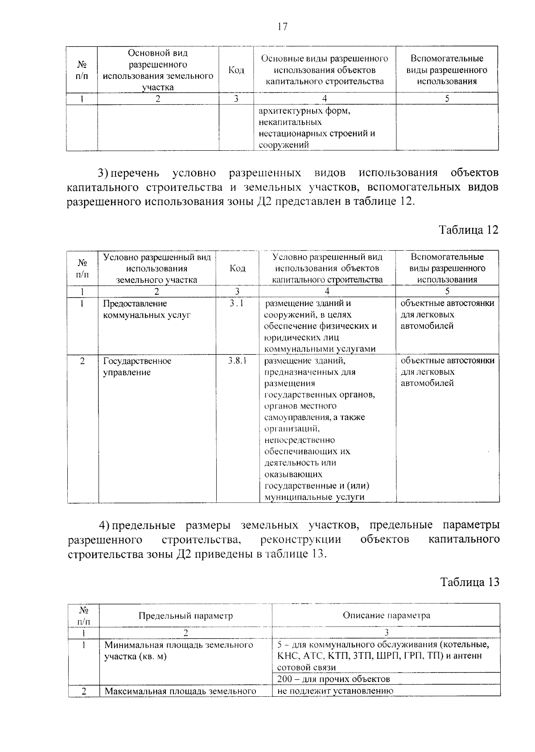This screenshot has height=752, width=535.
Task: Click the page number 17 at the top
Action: [282, 27]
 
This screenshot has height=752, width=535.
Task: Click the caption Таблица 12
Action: [468, 230]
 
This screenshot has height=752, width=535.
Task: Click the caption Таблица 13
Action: [469, 582]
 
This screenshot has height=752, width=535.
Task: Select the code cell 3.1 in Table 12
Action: [237, 304]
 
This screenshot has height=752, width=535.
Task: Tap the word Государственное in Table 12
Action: [137, 361]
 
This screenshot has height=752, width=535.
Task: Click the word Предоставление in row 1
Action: [135, 304]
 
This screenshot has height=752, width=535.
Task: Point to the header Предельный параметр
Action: [185, 616]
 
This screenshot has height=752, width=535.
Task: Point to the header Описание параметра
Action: [386, 616]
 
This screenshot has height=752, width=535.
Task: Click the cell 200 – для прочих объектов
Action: [333, 679]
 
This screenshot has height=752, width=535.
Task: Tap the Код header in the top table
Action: [236, 70]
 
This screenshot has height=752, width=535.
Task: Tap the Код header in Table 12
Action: [237, 268]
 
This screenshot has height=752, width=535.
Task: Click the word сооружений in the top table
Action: [284, 145]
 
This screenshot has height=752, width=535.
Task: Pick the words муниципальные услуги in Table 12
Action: [314, 497]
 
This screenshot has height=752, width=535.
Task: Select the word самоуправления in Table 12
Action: [295, 417]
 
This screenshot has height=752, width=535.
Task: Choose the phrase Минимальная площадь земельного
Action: [179, 645]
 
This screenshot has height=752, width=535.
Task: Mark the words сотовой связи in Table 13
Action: [306, 668]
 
